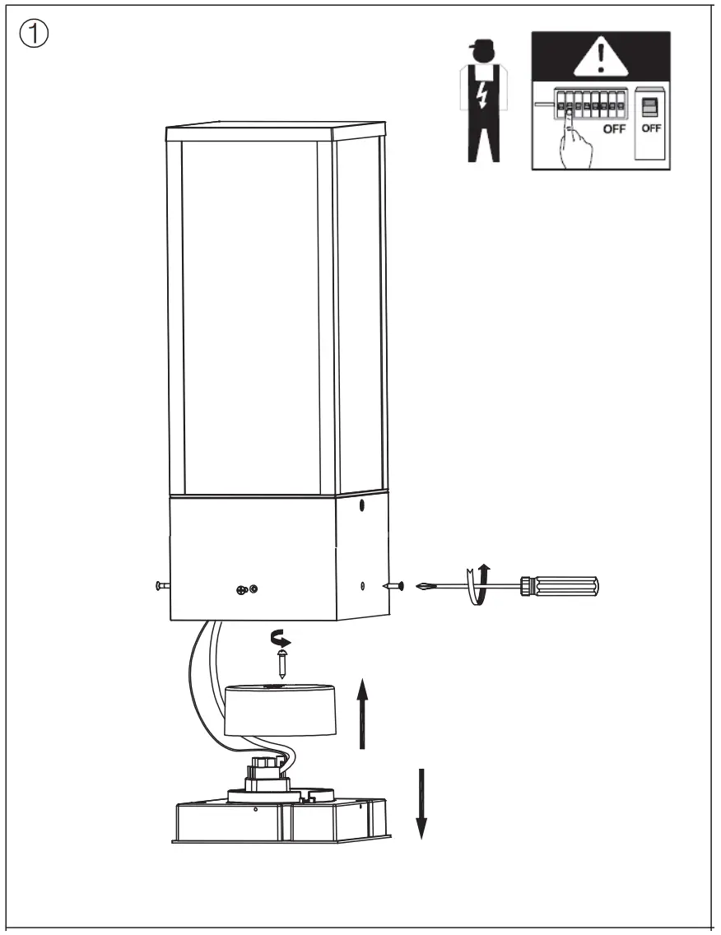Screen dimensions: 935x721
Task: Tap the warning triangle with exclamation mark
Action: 602,58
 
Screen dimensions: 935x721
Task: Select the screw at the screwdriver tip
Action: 393,586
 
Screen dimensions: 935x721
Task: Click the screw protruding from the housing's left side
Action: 161,586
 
